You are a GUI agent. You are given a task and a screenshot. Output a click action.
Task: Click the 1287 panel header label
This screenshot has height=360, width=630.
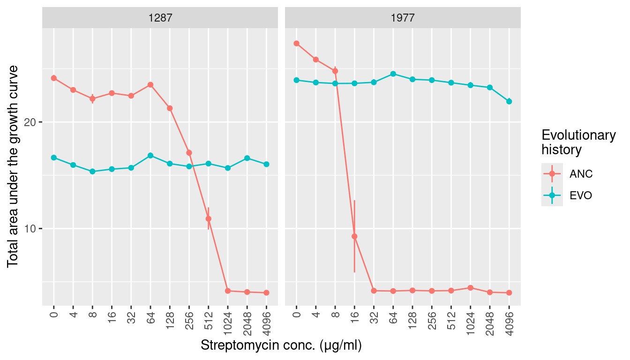(x=160, y=18)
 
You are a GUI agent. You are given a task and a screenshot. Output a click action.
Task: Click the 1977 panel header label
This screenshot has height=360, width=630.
(x=403, y=18)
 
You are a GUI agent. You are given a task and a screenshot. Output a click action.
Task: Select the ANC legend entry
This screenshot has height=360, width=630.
(x=581, y=174)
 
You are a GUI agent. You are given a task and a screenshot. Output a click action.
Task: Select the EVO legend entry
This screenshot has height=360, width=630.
(x=581, y=196)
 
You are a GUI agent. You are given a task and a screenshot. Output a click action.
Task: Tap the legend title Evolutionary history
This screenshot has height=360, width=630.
(x=578, y=142)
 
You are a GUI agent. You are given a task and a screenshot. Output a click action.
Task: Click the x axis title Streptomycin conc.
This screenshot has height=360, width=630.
(x=281, y=345)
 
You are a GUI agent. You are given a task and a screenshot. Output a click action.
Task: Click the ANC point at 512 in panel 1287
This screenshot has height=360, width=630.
(x=208, y=218)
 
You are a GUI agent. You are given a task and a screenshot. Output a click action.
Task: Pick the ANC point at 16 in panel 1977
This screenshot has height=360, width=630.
(x=354, y=236)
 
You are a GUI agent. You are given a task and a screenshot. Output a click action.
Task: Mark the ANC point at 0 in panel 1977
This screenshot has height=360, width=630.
(x=296, y=44)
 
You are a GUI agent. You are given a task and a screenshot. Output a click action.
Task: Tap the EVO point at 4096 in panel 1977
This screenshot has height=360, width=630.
(x=509, y=101)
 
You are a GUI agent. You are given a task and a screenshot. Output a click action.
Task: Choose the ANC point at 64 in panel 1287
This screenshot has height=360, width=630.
(x=150, y=85)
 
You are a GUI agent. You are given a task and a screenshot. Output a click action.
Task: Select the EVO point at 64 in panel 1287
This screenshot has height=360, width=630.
(x=150, y=156)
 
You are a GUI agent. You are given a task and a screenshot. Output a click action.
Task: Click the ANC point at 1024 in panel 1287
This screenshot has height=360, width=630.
(x=227, y=291)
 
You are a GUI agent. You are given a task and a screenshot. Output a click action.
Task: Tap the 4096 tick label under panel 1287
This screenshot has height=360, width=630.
(x=266, y=323)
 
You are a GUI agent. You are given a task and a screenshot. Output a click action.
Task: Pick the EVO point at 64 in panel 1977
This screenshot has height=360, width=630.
(x=393, y=74)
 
